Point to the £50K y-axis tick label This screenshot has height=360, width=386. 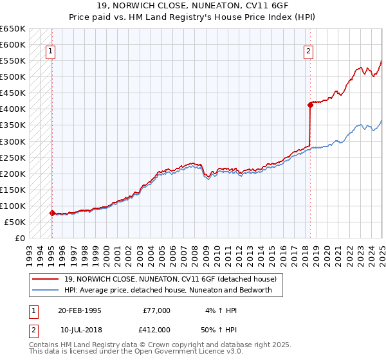pos(14,222)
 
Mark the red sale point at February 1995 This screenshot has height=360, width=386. pos(52,213)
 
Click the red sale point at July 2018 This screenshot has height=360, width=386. pos(310,104)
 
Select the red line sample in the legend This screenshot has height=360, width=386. pos(46,279)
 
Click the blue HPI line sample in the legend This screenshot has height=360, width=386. pos(46,290)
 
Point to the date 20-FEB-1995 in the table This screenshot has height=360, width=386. pos(80,310)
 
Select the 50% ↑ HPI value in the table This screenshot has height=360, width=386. pos(221,329)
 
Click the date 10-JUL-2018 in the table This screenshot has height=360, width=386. pos(80,329)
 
